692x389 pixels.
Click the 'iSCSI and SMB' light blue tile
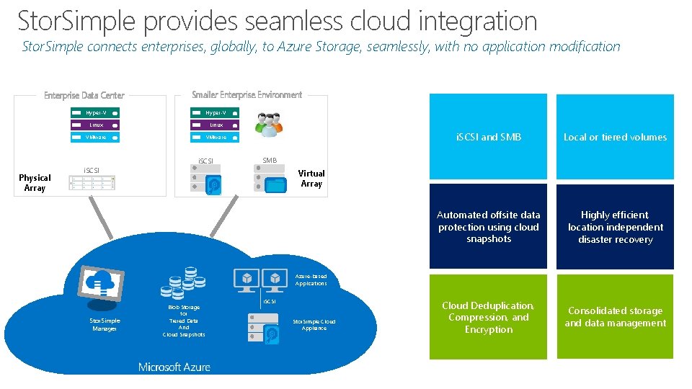(x=488, y=137)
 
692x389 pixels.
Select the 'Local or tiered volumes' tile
(x=615, y=137)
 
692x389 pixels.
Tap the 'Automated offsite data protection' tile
(x=488, y=227)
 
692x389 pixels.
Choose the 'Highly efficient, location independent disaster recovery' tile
(x=615, y=227)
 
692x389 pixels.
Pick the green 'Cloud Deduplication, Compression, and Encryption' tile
(x=488, y=317)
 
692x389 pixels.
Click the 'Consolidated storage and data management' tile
(x=615, y=317)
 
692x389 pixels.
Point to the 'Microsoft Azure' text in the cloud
(x=174, y=367)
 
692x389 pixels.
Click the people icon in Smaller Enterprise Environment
(x=269, y=125)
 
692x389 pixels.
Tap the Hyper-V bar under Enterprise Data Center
(x=94, y=112)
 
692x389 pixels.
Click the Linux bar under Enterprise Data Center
(x=94, y=125)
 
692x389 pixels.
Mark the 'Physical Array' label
(x=35, y=183)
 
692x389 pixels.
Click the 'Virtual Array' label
(x=311, y=179)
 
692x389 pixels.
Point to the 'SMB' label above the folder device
(x=270, y=160)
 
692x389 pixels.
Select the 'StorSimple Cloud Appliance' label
(x=314, y=324)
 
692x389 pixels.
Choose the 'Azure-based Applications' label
(x=311, y=280)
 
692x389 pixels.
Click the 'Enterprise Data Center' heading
(x=84, y=95)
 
